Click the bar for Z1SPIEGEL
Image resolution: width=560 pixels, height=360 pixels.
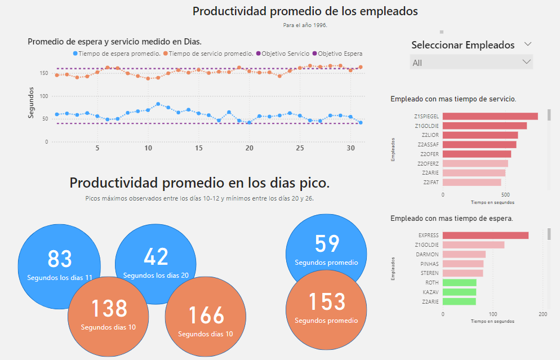point(490,116)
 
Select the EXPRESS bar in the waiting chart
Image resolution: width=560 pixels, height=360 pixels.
point(486,235)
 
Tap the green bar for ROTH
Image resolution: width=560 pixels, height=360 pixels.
point(459,283)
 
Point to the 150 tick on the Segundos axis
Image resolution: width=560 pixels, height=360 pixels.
point(43,73)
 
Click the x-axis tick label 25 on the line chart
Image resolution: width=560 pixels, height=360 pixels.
point(300,148)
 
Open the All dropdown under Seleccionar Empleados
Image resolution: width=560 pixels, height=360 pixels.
point(471,63)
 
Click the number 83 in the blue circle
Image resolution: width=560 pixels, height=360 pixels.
point(60,259)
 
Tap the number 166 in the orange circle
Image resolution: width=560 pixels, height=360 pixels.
point(205,315)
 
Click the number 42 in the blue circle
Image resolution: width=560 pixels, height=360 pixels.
point(156,257)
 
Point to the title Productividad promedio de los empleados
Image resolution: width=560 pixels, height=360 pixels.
point(305,11)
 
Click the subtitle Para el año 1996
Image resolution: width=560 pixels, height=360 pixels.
point(305,25)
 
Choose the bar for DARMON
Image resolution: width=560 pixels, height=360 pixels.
point(464,255)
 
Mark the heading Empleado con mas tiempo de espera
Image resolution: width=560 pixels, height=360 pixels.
point(451,218)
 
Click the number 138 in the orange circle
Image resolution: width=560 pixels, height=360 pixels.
point(109,309)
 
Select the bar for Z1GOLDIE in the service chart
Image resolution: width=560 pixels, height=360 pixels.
point(485,126)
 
